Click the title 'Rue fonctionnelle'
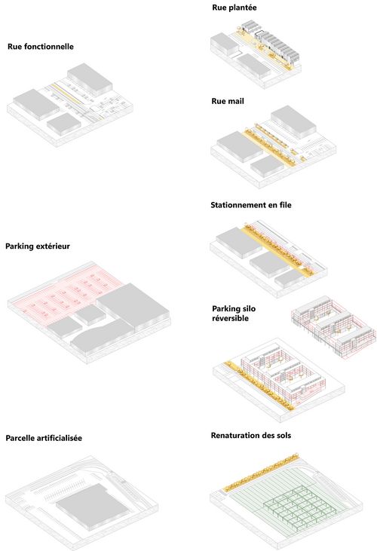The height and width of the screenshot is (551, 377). [x=41, y=47]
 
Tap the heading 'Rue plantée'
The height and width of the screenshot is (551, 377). [x=234, y=8]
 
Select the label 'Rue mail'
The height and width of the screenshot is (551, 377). [x=227, y=101]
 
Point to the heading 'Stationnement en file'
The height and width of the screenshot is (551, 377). [x=251, y=205]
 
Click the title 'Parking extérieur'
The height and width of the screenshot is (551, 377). [x=38, y=246]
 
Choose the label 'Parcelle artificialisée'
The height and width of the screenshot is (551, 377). [x=44, y=438]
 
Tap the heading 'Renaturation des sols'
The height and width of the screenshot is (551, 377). [x=251, y=436]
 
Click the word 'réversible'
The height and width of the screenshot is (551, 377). [x=230, y=318]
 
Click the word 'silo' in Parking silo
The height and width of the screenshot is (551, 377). [x=248, y=309]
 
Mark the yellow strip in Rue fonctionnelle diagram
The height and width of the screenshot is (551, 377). [x=69, y=95]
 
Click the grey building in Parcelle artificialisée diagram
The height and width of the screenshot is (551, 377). [x=92, y=505]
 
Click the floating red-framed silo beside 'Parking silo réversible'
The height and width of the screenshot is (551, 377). [x=333, y=326]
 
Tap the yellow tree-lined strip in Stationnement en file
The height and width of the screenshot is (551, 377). [x=277, y=249]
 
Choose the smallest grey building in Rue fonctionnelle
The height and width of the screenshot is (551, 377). [x=64, y=124]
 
